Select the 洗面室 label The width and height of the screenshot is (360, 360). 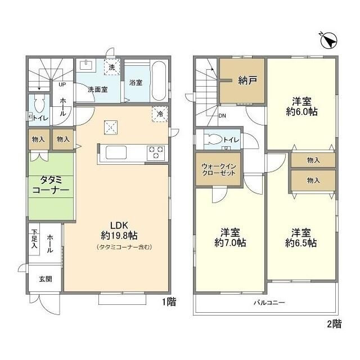[97, 89]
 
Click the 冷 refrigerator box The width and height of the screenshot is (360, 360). [160, 114]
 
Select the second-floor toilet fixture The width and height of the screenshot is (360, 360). [214, 139]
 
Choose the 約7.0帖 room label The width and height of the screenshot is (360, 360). [229, 237]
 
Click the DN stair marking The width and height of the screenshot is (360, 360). [223, 116]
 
